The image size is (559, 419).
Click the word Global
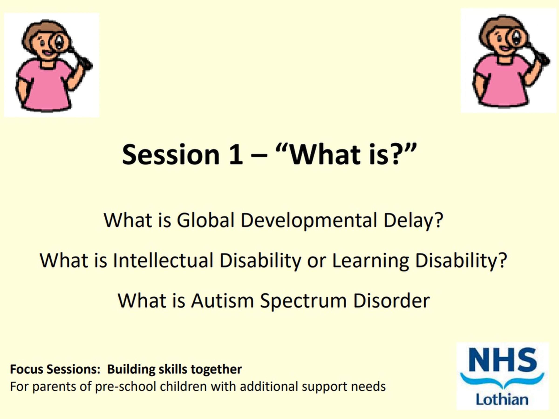[205, 220]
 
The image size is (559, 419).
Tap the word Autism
[222, 301]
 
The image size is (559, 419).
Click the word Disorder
[392, 301]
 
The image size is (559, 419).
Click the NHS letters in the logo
[502, 359]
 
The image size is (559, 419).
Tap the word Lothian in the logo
[502, 400]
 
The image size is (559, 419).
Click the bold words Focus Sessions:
[54, 369]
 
